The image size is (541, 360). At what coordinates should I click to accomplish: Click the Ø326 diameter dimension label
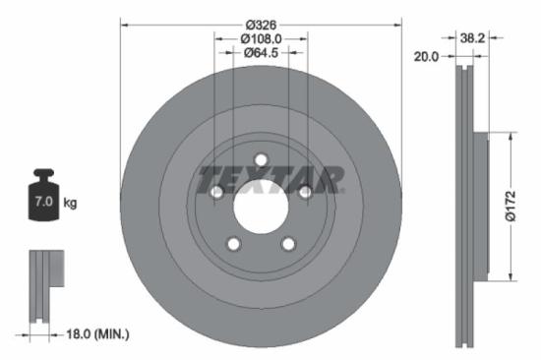(261, 23)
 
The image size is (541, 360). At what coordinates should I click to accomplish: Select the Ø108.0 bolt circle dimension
(261, 38)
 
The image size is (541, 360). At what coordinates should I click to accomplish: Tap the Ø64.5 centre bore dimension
(261, 53)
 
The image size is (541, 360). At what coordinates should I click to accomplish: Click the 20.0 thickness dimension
(425, 57)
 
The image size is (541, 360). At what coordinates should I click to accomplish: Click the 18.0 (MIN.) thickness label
(95, 334)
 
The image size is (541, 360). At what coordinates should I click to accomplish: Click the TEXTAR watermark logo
(271, 181)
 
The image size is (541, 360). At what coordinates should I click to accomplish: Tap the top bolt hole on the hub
(261, 160)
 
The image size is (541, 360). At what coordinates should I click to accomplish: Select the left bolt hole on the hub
(216, 193)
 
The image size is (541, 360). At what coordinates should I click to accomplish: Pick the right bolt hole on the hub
(305, 193)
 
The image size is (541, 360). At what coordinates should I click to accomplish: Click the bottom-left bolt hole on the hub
(233, 244)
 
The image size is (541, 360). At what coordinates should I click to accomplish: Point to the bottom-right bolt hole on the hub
(288, 244)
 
